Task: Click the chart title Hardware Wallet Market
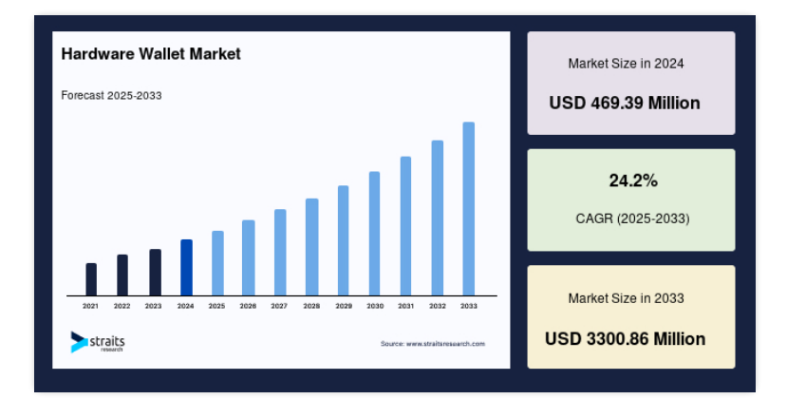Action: click(151, 54)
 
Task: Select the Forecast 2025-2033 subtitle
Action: click(111, 96)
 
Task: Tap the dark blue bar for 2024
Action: click(186, 267)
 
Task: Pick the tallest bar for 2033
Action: click(469, 209)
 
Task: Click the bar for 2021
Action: click(91, 279)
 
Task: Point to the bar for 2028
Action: click(311, 247)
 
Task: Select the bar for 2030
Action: click(374, 233)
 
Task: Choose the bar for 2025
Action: click(217, 263)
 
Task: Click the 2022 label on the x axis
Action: click(122, 306)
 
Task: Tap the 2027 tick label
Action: click(279, 306)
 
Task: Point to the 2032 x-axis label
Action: click(437, 306)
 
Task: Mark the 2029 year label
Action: click(344, 306)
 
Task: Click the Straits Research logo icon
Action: click(79, 342)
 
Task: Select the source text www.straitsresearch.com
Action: click(445, 344)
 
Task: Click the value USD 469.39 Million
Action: click(625, 103)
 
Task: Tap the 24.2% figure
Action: click(633, 180)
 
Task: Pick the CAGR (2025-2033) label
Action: click(632, 218)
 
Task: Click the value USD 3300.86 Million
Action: click(625, 339)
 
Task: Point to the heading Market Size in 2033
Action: click(626, 298)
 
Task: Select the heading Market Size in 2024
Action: click(626, 64)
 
